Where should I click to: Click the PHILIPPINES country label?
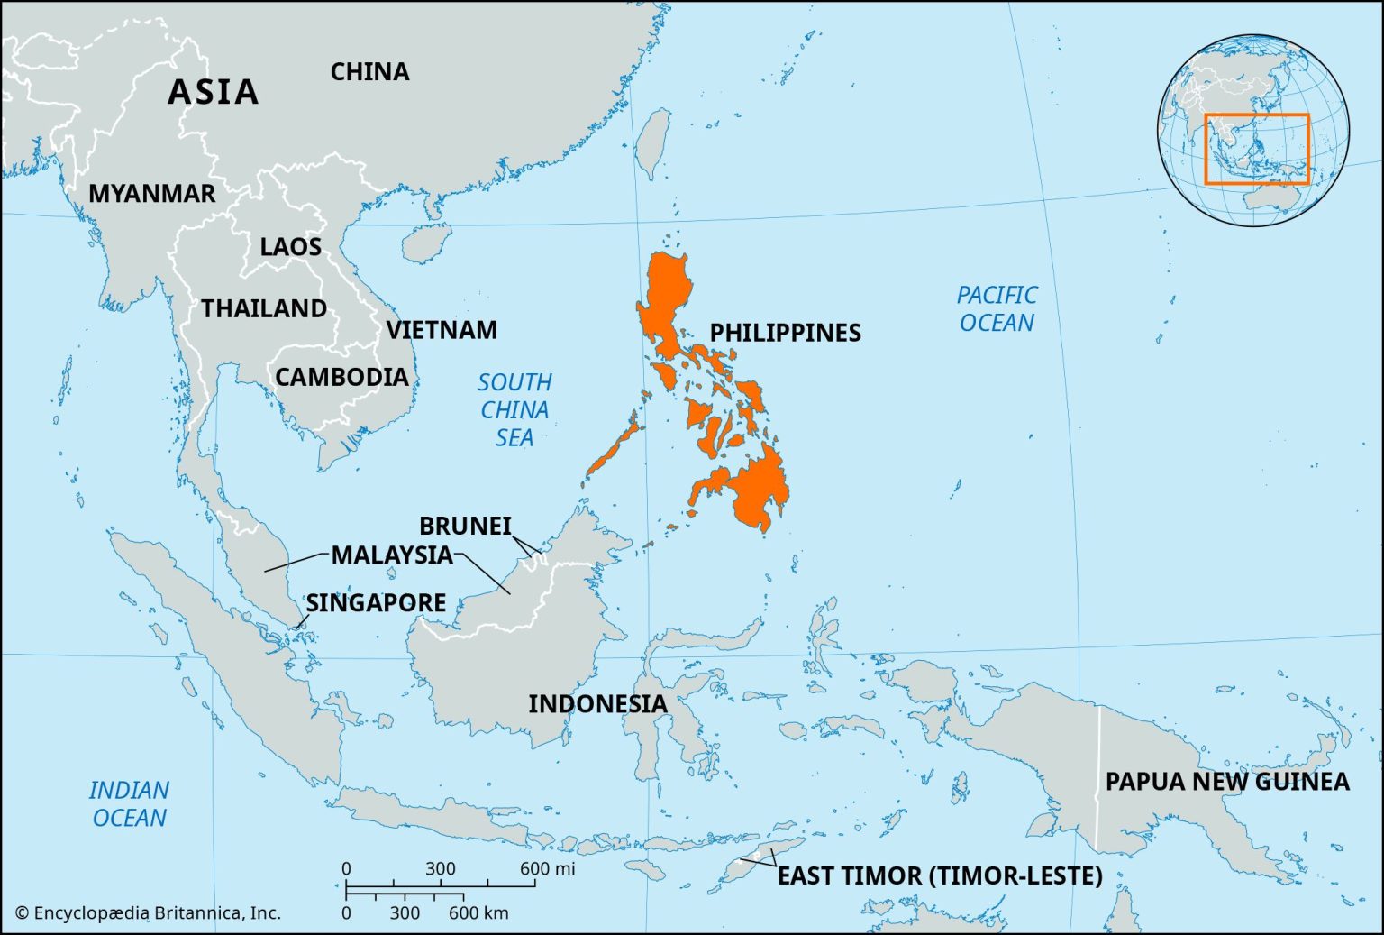(x=785, y=333)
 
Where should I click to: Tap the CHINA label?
(x=369, y=72)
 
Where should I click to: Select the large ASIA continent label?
(x=214, y=92)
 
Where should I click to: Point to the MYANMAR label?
(x=151, y=194)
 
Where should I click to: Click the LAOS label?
(x=290, y=247)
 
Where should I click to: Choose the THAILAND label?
(x=264, y=309)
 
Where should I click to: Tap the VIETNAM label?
(x=442, y=330)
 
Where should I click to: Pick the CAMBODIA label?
(x=341, y=377)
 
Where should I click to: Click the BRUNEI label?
(x=465, y=526)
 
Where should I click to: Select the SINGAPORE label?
(x=376, y=602)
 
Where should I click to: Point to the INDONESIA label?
(x=597, y=704)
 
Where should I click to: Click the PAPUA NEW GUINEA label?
(x=1227, y=782)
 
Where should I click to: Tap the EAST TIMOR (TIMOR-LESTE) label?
(x=940, y=875)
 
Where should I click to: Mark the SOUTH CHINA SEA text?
(x=514, y=410)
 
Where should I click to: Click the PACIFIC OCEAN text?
(x=996, y=308)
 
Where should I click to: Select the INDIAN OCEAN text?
(x=129, y=804)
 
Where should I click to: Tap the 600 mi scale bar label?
(x=547, y=869)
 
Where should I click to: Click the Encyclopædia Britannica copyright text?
(x=149, y=912)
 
